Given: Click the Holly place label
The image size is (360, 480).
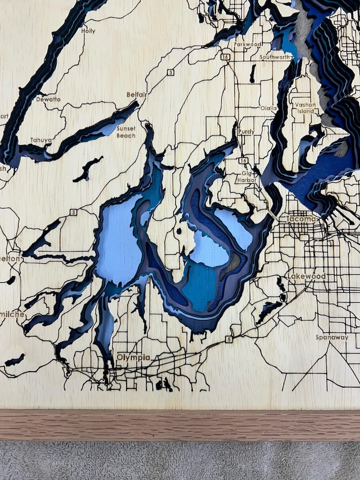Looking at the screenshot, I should tap(88, 31).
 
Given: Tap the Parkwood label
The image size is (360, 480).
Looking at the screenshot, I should tap(248, 44).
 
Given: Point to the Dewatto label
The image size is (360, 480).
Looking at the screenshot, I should tap(48, 99).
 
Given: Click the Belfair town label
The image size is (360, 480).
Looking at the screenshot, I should tap(136, 95).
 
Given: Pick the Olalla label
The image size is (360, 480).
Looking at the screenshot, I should tap(268, 108).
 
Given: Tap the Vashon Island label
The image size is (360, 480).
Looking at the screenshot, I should tap(305, 108).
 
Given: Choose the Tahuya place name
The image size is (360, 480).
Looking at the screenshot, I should tap(41, 140).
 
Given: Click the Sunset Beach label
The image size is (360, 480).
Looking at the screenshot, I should tap(126, 132).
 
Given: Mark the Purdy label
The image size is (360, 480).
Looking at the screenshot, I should tap(246, 132).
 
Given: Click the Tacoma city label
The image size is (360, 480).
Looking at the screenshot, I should tap(301, 219).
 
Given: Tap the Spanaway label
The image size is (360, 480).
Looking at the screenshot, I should tap(332, 338).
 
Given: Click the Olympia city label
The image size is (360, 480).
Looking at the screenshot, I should tap(133, 357).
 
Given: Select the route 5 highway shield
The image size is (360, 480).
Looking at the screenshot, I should tap(229, 339).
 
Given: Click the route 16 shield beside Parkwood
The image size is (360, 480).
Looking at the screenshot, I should tap(225, 57).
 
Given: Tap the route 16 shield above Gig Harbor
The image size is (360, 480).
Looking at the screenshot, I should tap(243, 161).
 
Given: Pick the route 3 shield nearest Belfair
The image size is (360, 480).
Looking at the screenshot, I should tap(170, 72).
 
